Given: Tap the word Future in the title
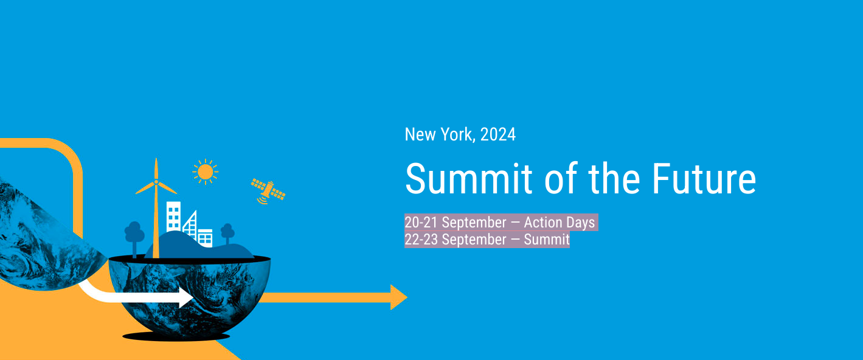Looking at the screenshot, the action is (x=704, y=179).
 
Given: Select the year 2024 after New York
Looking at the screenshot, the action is (x=497, y=134).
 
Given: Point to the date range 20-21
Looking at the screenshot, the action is (x=421, y=223).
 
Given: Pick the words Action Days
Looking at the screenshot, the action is (x=559, y=223).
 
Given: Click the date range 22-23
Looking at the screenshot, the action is (x=421, y=240).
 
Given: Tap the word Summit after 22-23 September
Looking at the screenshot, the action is (x=546, y=240).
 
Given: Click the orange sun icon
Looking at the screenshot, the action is (x=206, y=171).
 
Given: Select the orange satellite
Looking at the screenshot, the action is (x=268, y=191).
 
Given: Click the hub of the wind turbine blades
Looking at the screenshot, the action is (x=156, y=182).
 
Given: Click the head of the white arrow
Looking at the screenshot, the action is (x=186, y=297).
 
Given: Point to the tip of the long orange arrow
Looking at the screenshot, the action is (x=407, y=297).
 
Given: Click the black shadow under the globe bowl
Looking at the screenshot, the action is (x=176, y=337).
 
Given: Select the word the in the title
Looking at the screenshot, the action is (x=614, y=179).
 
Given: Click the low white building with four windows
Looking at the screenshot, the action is (x=204, y=238).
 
